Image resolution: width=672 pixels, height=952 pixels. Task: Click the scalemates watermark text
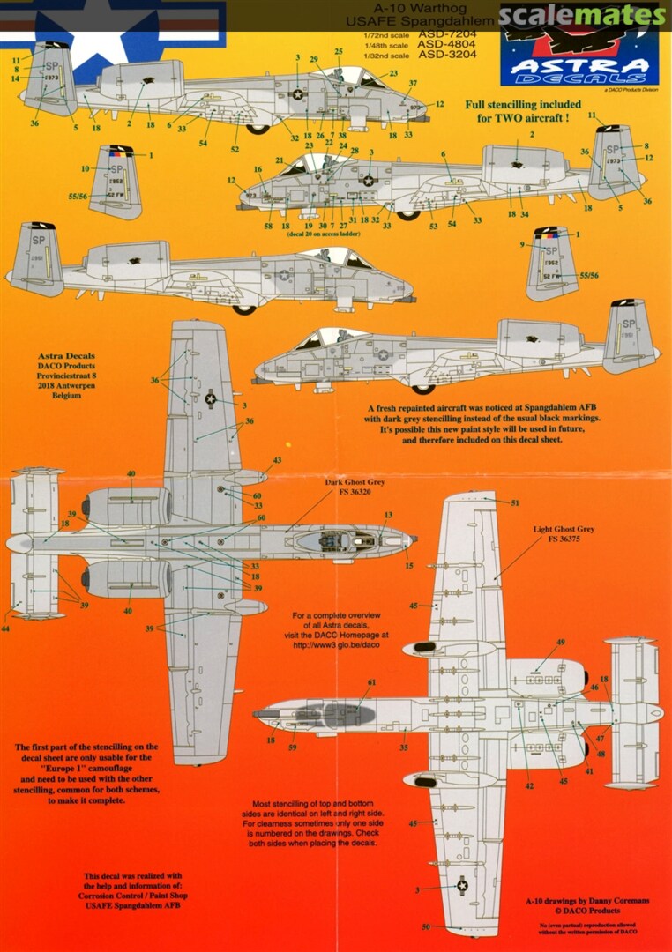580,15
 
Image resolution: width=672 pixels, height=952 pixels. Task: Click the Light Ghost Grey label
564,530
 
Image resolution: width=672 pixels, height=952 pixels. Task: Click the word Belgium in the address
67,397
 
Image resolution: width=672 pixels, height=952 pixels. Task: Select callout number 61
371,682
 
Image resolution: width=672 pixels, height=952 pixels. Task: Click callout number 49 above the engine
560,643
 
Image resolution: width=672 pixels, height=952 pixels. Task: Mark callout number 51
515,503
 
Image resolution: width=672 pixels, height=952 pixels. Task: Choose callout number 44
5,628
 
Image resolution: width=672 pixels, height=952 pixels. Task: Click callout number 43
277,461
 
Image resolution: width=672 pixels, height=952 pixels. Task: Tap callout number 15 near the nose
409,565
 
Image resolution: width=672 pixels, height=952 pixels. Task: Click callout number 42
529,785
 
